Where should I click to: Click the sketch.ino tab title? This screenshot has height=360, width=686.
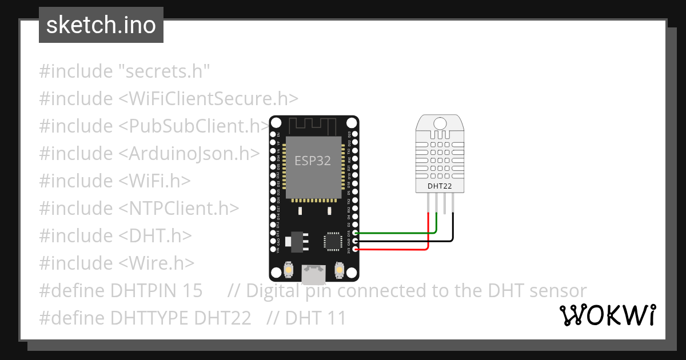pyautogui.click(x=101, y=25)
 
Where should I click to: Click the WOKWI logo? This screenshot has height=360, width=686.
pyautogui.click(x=608, y=315)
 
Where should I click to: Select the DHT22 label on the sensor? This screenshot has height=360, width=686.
pyautogui.click(x=440, y=186)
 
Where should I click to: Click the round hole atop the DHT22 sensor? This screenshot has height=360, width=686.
pyautogui.click(x=440, y=123)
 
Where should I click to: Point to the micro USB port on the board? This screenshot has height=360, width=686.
pyautogui.click(x=314, y=275)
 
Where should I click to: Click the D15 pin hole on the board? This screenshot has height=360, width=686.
pyautogui.click(x=356, y=233)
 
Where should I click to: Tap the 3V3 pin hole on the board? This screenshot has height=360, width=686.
pyautogui.click(x=356, y=250)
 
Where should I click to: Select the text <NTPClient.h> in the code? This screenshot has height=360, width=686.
pyautogui.click(x=178, y=209)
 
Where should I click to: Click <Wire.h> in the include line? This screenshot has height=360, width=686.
pyautogui.click(x=157, y=263)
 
